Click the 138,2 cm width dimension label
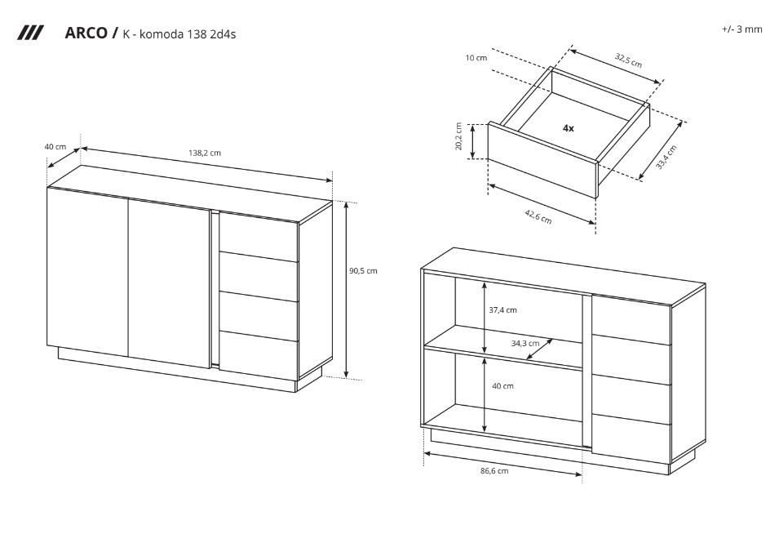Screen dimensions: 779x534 tap(205, 154)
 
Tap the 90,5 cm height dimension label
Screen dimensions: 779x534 tap(363, 271)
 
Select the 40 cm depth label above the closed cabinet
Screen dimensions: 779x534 tap(55, 147)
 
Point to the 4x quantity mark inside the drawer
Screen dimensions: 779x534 tap(569, 128)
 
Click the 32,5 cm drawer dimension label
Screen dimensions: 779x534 tap(628, 60)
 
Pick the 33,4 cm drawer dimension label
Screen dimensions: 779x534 tap(666, 157)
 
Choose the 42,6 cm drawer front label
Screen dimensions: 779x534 tap(538, 216)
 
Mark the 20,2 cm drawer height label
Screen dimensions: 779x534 tap(458, 136)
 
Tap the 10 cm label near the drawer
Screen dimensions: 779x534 tap(476, 58)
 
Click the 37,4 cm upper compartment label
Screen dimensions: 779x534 tap(502, 310)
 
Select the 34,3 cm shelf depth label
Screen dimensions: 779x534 tap(525, 344)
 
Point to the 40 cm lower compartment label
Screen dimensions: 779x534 tap(502, 386)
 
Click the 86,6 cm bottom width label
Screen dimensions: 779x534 tap(494, 471)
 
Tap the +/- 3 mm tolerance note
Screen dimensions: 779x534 tap(741, 29)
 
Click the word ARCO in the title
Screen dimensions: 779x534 tap(86, 33)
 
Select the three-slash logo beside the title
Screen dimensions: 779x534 tap(30, 33)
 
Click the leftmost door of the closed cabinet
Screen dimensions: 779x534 tap(88, 272)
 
